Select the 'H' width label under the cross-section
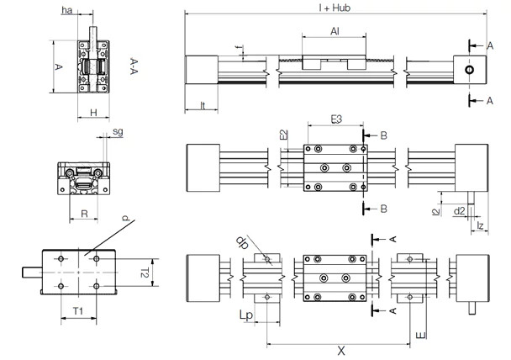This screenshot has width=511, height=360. [x=93, y=112]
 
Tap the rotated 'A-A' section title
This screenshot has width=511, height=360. [x=134, y=66]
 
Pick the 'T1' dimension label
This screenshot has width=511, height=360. [x=77, y=311]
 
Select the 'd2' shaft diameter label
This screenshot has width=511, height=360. [x=459, y=211]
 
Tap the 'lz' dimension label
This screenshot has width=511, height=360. [x=480, y=225]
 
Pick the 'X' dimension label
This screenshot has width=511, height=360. [x=340, y=348]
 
